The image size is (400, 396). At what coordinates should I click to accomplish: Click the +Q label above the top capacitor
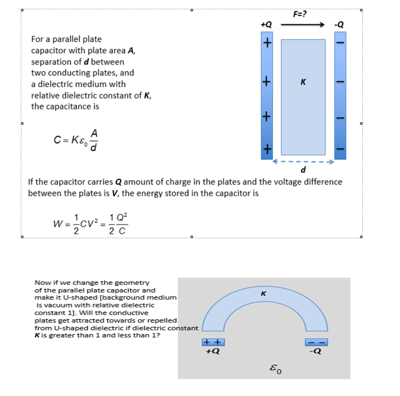click(x=266, y=25)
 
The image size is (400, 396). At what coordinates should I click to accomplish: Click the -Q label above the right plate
click(x=340, y=25)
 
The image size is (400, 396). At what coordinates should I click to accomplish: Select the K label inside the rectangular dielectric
click(x=303, y=83)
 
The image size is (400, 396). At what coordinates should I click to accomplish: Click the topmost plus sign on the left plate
click(x=267, y=43)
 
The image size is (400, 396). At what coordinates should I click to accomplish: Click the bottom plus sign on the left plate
click(x=267, y=148)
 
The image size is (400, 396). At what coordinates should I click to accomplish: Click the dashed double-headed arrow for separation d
click(x=303, y=162)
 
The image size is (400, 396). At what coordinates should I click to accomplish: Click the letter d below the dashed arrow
click(x=303, y=170)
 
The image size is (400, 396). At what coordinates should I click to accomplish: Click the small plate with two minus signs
click(x=317, y=343)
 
